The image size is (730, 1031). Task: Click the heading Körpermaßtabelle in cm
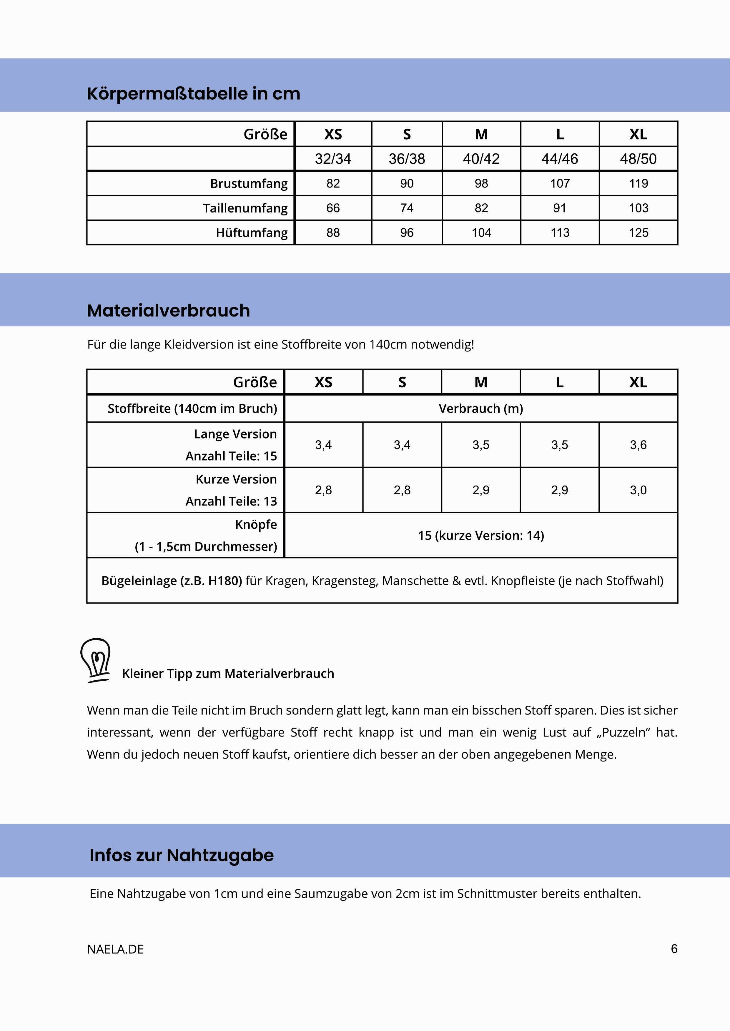pyautogui.click(x=193, y=94)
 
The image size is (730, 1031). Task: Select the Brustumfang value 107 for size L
pyautogui.click(x=560, y=183)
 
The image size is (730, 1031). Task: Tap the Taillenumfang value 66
pyautogui.click(x=333, y=208)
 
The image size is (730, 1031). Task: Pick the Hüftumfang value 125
pyautogui.click(x=638, y=232)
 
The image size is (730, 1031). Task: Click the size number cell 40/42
pyautogui.click(x=481, y=158)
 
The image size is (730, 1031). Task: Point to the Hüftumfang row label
pyautogui.click(x=252, y=232)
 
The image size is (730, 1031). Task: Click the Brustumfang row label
pyautogui.click(x=249, y=183)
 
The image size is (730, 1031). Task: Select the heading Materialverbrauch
pyautogui.click(x=169, y=311)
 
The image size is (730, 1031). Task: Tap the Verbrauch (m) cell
pyautogui.click(x=481, y=409)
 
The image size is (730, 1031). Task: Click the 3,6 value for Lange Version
pyautogui.click(x=638, y=445)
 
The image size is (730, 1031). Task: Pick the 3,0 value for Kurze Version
pyautogui.click(x=638, y=490)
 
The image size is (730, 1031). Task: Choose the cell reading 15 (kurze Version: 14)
pyautogui.click(x=481, y=535)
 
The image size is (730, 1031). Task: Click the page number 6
pyautogui.click(x=674, y=949)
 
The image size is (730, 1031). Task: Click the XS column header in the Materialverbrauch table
pyautogui.click(x=323, y=382)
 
